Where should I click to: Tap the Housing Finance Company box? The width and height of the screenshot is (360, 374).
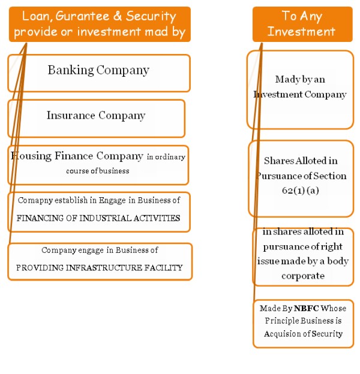(99, 164)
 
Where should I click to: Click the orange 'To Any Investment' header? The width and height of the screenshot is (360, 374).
(301, 23)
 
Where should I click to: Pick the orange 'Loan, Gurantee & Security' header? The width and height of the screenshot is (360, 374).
(100, 24)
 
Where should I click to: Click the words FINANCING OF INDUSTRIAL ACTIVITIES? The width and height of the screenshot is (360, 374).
(98, 218)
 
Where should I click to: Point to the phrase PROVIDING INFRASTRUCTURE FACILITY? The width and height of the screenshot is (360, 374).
(100, 268)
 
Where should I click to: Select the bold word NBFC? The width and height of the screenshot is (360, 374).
(305, 308)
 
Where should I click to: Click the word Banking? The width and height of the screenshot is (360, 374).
(71, 70)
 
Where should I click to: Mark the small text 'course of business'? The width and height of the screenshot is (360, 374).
(97, 171)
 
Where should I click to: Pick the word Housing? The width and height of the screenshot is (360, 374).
(31, 156)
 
